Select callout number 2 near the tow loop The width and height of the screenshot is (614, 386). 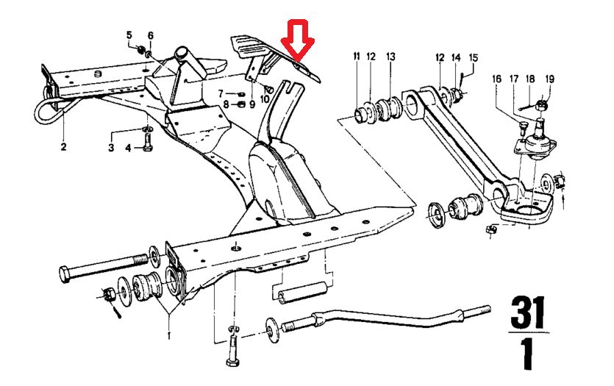tap(63, 147)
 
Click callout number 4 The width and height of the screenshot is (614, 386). tap(128, 149)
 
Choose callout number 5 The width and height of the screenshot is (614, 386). tap(129, 35)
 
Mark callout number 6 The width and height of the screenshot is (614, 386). tap(150, 35)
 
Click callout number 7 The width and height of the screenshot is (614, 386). tap(221, 93)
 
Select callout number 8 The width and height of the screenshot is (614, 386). tap(221, 104)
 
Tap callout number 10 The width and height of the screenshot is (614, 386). tap(265, 99)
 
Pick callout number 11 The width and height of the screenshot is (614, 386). tap(357, 57)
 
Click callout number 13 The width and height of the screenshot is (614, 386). tap(390, 57)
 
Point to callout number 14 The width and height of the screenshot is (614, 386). tap(456, 57)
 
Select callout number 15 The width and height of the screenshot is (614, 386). tap(474, 57)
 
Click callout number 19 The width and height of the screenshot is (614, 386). tap(550, 79)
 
